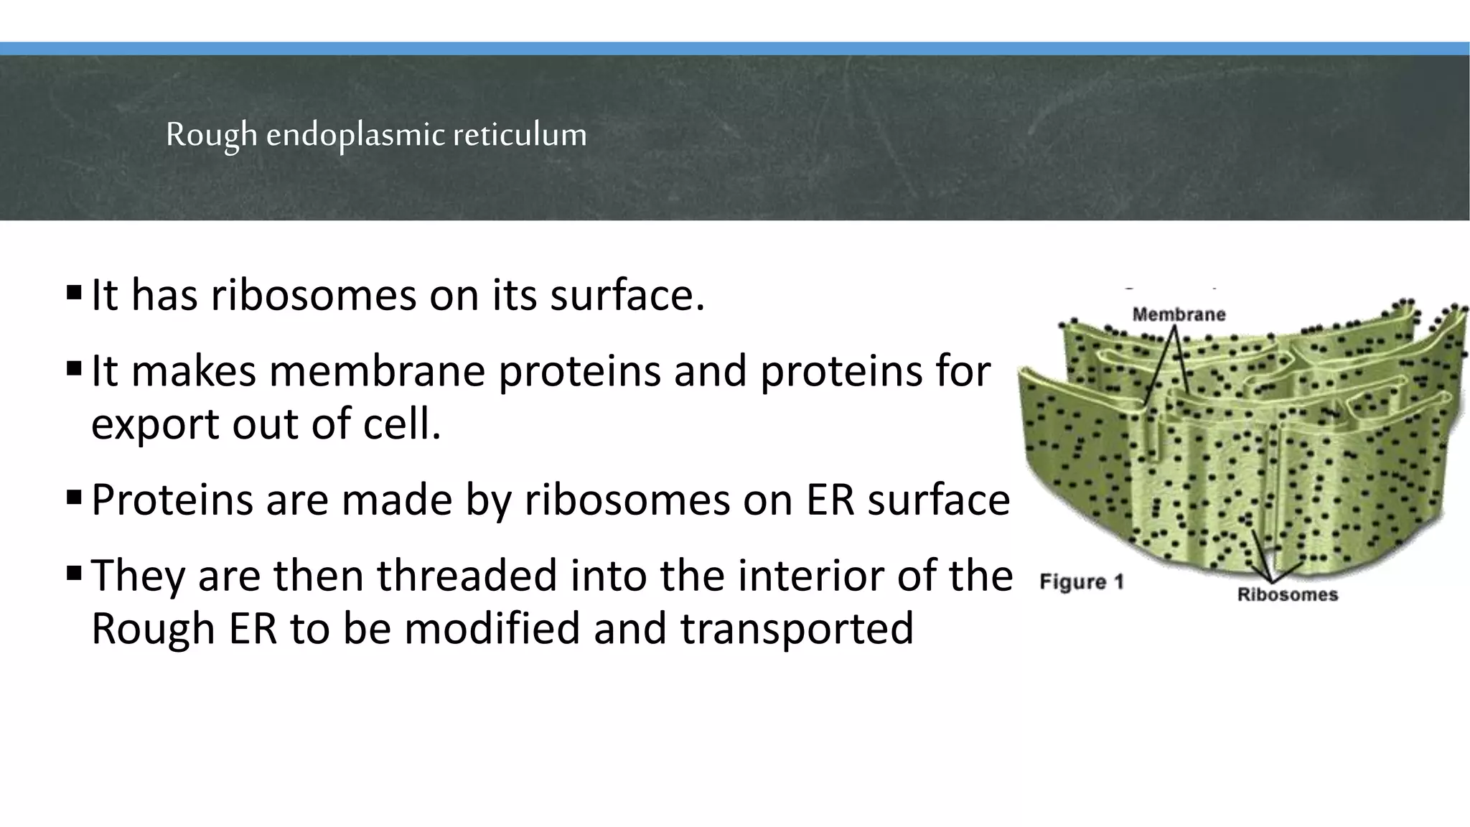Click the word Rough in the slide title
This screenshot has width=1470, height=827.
210,135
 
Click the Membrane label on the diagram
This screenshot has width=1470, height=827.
1179,314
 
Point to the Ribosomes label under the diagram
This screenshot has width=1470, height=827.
1288,594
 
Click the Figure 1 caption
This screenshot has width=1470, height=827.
1081,581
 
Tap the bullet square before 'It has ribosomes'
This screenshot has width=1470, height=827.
73,293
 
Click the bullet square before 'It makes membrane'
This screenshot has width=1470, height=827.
73,370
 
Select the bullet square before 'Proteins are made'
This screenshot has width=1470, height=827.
73,497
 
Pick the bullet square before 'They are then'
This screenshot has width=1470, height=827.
73,574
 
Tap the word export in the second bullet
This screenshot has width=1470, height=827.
156,424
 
